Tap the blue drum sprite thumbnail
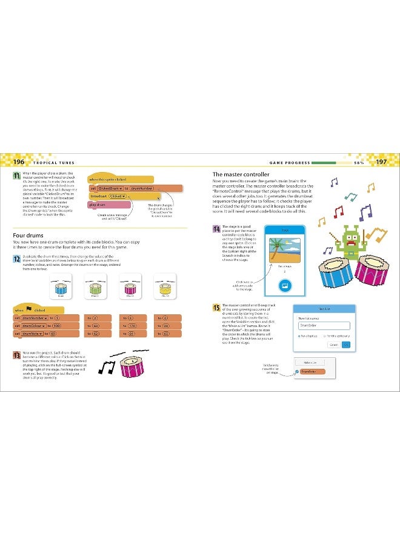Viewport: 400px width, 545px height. [x=61, y=285]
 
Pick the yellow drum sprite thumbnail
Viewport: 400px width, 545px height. [x=165, y=285]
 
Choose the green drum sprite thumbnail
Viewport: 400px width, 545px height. [x=95, y=285]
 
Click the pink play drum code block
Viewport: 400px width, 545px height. [x=98, y=205]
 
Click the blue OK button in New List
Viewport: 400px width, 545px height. [x=346, y=345]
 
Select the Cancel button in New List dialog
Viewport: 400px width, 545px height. [x=333, y=345]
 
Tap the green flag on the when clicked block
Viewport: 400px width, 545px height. [x=28, y=309]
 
